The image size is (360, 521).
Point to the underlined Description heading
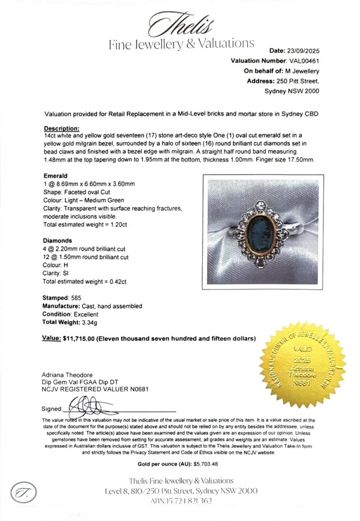(x=62, y=128)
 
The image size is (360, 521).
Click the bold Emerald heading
(x=55, y=176)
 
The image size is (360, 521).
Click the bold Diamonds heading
(x=58, y=240)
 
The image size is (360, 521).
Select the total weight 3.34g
(x=85, y=322)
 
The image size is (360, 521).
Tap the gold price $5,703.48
(x=206, y=464)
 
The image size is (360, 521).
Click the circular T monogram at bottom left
(x=23, y=492)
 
